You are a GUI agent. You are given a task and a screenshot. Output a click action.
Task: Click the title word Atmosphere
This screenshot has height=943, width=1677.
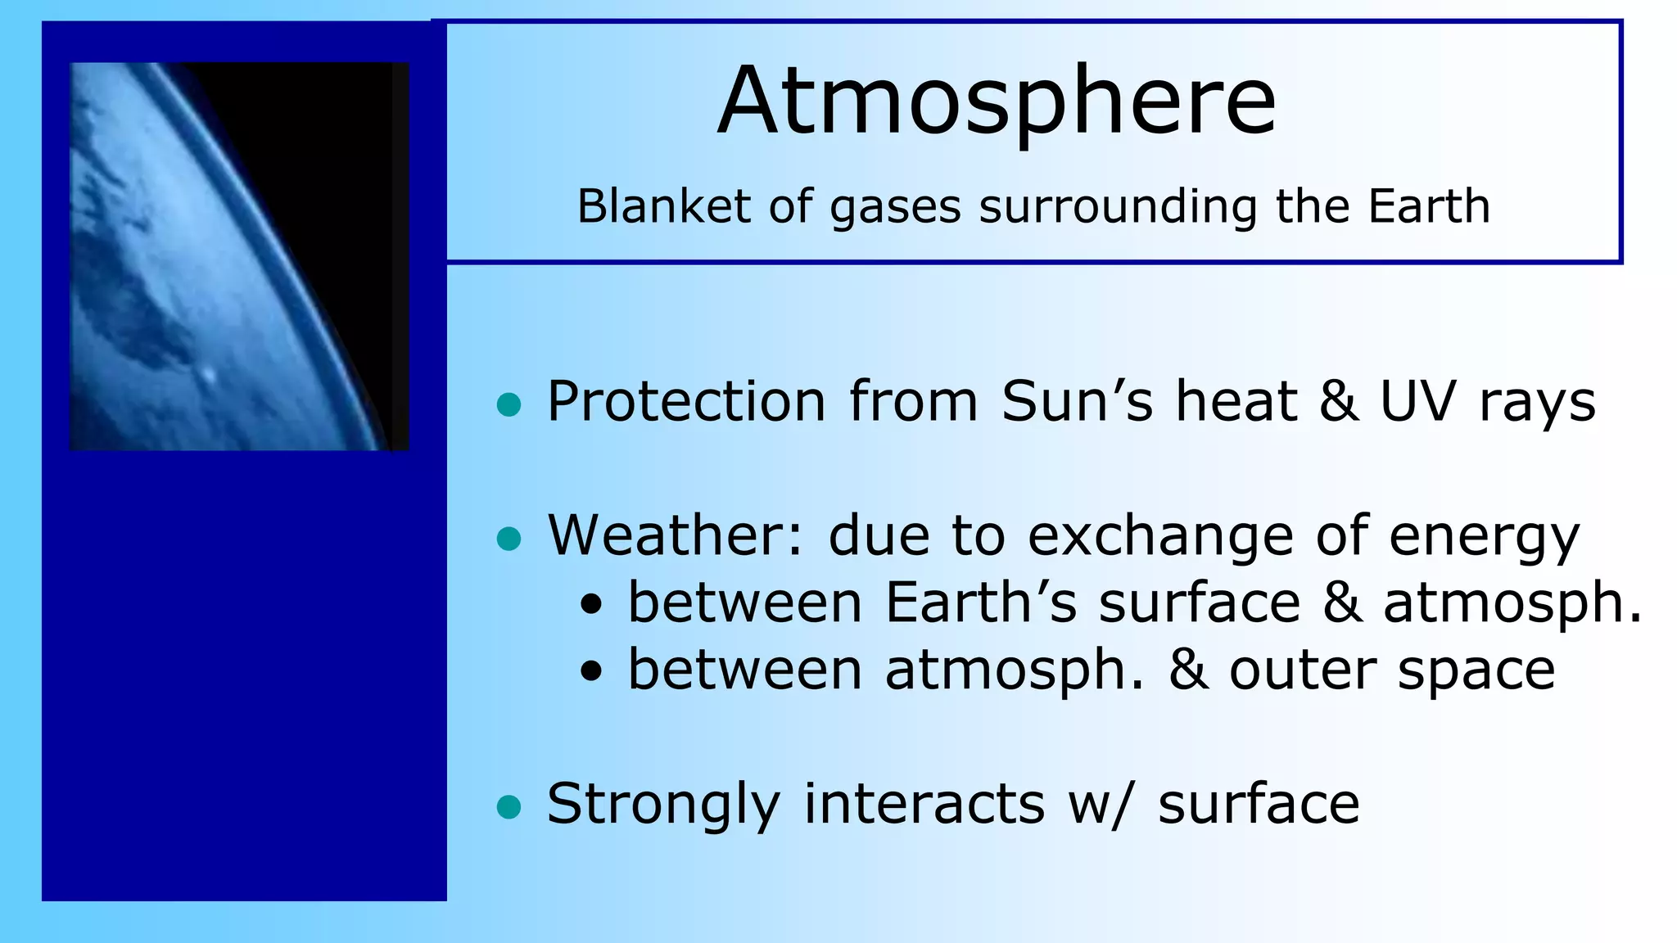(x=997, y=102)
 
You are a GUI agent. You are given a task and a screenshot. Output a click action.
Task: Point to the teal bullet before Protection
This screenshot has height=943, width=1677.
(x=509, y=404)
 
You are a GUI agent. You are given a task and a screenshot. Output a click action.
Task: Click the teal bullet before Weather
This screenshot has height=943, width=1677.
(x=509, y=539)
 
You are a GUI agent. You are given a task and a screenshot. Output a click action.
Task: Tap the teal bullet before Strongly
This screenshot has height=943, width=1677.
(x=509, y=807)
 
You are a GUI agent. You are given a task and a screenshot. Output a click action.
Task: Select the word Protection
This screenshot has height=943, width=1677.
(x=686, y=402)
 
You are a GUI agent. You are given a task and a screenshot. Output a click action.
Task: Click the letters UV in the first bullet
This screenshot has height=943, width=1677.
(x=1417, y=402)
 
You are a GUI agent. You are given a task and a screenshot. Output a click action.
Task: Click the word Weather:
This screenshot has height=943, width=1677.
(x=676, y=536)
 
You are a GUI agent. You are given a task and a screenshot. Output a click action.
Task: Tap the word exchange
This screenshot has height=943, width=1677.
(x=1160, y=538)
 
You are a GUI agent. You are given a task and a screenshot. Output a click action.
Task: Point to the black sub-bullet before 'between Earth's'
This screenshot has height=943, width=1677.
(x=591, y=607)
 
